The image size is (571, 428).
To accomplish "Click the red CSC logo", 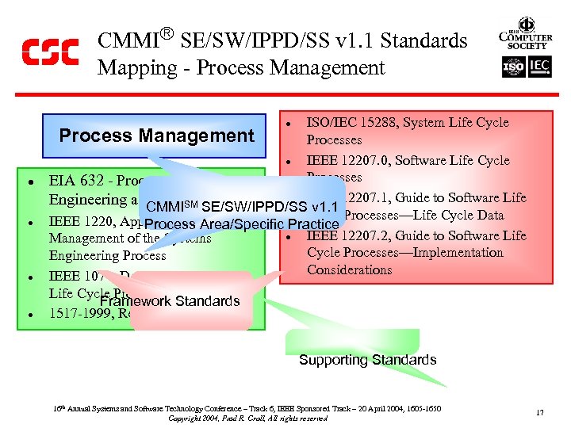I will (50, 53).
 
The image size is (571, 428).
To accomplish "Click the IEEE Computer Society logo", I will (526, 36).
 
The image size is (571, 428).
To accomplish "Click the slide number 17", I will (539, 412).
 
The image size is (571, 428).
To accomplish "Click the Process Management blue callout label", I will (156, 136).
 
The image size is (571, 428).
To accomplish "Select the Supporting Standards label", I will (367, 360).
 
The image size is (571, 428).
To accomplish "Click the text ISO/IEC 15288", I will (349, 123).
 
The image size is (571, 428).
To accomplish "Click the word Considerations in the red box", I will (349, 270).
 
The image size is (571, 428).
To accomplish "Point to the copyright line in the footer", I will (247, 418).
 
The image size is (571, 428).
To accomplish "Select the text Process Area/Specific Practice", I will (242, 224).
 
